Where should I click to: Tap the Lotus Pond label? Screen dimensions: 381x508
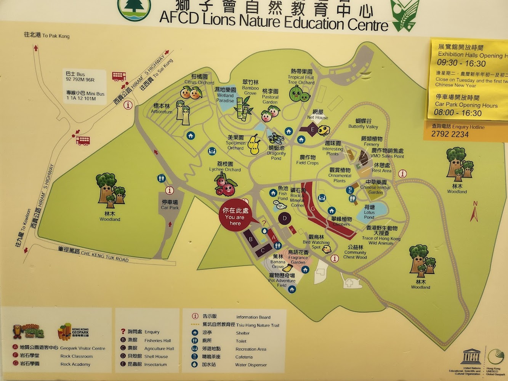pyautogui.click(x=369, y=212)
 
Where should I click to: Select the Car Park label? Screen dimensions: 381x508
pyautogui.click(x=170, y=205)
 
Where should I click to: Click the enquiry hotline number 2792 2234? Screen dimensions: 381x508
pyautogui.click(x=450, y=134)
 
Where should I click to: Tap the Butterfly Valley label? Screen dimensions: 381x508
pyautogui.click(x=363, y=124)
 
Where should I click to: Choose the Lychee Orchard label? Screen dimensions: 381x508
pyautogui.click(x=225, y=167)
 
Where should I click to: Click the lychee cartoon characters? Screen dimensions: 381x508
pyautogui.click(x=225, y=184)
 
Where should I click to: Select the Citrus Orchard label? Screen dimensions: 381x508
pyautogui.click(x=199, y=79)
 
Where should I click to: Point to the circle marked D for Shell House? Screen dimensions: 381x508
pyautogui.click(x=284, y=219)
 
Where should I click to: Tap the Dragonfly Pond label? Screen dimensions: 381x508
pyautogui.click(x=276, y=153)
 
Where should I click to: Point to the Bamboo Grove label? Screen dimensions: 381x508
pyautogui.click(x=250, y=88)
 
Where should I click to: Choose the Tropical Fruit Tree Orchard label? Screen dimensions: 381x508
pyautogui.click(x=301, y=77)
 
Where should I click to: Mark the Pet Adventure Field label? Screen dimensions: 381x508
pyautogui.click(x=282, y=280)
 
